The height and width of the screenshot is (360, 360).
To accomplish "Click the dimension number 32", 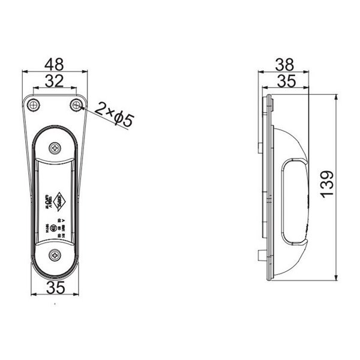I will tap(55, 82).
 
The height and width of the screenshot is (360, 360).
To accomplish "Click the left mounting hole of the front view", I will tap(34, 105).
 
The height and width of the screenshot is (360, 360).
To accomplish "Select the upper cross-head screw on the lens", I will tap(55, 147).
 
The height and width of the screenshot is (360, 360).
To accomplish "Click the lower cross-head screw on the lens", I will tap(55, 255).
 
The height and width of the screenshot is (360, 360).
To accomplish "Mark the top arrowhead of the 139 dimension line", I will tap(335, 96).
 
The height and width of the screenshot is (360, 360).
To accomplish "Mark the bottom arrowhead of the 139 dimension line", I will tap(335, 278).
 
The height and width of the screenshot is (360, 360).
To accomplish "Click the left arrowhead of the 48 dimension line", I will tap(24, 71).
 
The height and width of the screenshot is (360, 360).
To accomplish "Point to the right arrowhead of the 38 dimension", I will tap(310, 71).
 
